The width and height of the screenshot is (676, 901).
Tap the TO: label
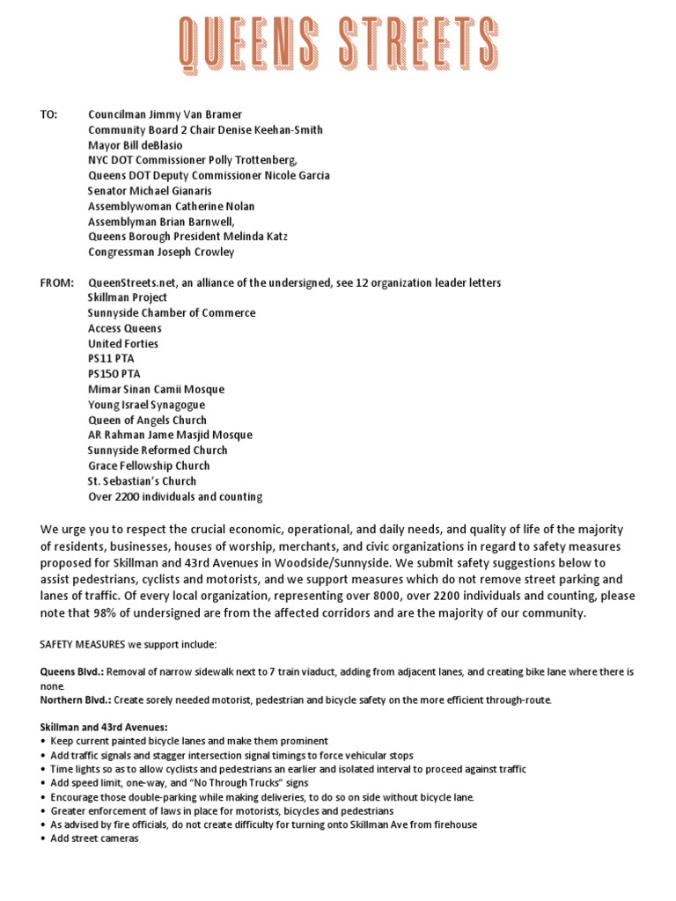pos(49,114)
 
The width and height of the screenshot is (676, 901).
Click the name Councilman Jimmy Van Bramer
pos(165,114)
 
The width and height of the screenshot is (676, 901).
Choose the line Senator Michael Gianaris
pos(150,191)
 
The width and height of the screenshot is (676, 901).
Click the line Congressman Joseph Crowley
pos(161,253)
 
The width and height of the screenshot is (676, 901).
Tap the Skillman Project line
pos(128,297)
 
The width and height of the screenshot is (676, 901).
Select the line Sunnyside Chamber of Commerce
pos(172,313)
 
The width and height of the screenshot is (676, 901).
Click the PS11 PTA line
pos(111,359)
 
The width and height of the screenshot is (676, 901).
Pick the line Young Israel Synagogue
pos(145,405)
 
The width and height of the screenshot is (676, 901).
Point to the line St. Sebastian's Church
pos(142,481)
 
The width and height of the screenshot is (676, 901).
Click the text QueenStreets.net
pos(130,282)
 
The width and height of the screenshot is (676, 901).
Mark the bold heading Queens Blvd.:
pos(73,672)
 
